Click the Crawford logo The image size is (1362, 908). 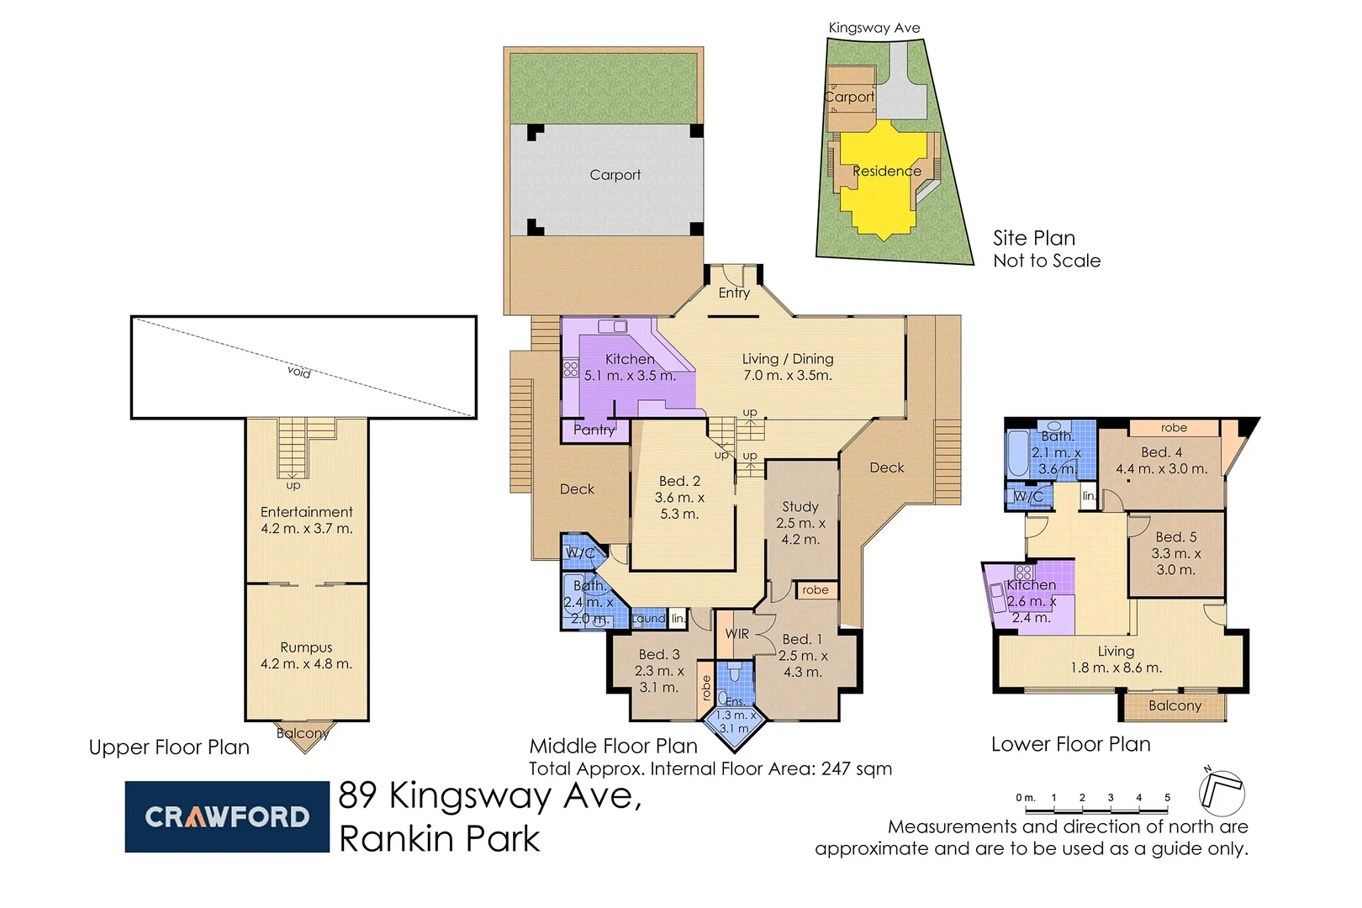tap(226, 816)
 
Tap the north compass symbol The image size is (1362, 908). tap(1221, 792)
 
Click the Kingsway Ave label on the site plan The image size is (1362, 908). tap(874, 28)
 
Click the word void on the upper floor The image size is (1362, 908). tap(298, 372)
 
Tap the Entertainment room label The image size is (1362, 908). tap(306, 512)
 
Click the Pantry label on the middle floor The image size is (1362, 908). tap(594, 430)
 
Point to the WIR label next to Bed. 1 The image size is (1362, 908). tap(736, 634)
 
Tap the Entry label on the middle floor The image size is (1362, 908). tap(734, 293)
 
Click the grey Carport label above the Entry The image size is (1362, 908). tap(615, 175)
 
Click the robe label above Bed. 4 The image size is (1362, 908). tap(1174, 428)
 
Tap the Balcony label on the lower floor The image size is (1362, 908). tap(1175, 705)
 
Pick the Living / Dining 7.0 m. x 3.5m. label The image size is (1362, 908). tap(788, 367)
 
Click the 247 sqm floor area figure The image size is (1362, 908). tap(860, 768)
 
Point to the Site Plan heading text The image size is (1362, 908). tap(1034, 238)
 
